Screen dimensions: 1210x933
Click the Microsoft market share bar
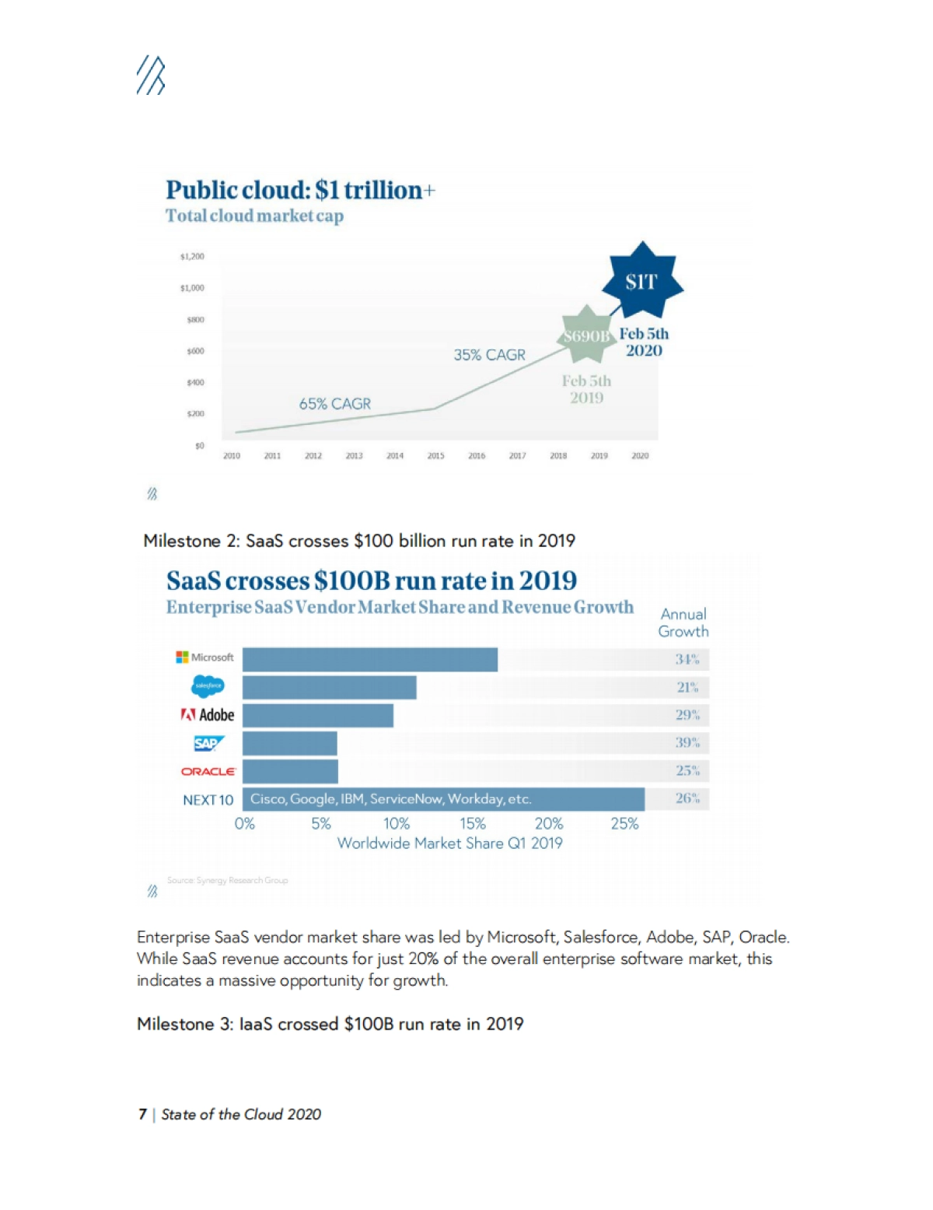point(370,659)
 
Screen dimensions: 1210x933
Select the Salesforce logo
point(208,686)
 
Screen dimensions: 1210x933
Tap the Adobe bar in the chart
point(318,715)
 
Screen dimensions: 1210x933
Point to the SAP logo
point(208,743)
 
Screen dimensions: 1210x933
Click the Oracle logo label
point(208,771)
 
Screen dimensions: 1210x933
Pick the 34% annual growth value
point(687,659)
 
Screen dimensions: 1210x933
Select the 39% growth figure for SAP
point(687,742)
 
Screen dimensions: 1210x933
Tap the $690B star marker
point(585,335)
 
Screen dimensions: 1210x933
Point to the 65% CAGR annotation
point(335,404)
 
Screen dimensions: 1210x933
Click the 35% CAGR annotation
point(490,355)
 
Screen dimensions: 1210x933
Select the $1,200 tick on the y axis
point(192,256)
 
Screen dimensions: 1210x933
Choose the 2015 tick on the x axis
point(435,456)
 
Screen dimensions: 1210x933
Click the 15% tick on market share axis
point(472,823)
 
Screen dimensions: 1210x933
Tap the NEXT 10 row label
point(208,800)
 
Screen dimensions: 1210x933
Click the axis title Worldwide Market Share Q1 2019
point(449,843)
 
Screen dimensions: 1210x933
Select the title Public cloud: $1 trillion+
point(300,190)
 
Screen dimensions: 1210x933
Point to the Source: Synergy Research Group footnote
point(227,880)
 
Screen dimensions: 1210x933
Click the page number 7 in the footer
point(142,1114)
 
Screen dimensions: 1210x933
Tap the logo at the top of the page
point(151,75)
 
